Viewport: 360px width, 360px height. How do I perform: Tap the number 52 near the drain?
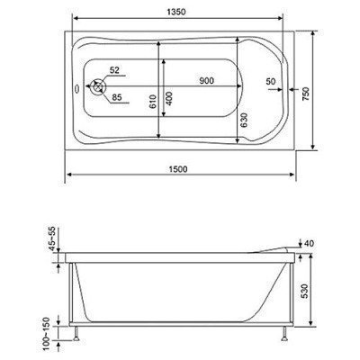tap(114, 69)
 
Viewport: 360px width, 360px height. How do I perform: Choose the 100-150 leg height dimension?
tap(55, 334)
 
